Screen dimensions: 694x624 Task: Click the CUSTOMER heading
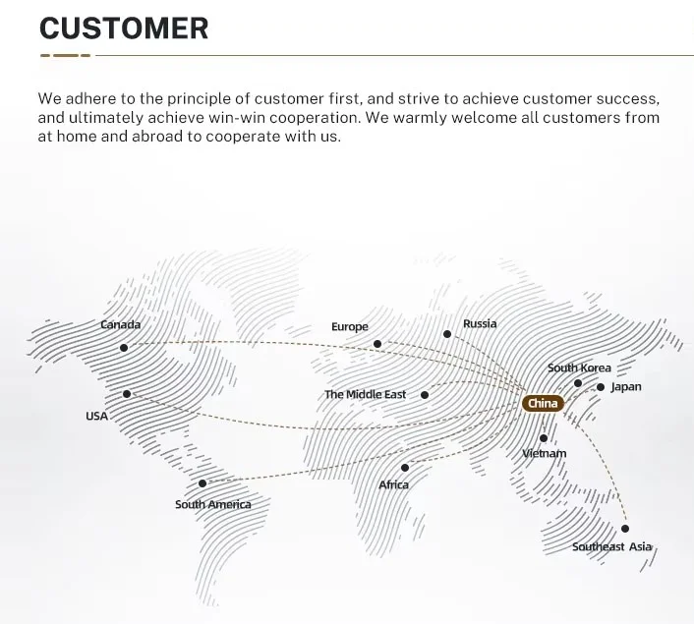(x=124, y=28)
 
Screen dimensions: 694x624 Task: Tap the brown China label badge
(x=543, y=403)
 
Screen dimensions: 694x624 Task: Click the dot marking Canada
(x=124, y=347)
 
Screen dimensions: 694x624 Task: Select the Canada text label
(x=121, y=324)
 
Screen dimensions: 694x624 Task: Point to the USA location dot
(x=127, y=394)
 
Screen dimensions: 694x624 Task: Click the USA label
(x=96, y=416)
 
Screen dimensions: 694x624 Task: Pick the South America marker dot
(x=202, y=482)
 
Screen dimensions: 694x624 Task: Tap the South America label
(x=213, y=504)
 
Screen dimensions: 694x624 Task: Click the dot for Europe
(x=377, y=344)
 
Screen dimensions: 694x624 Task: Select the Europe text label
(x=350, y=326)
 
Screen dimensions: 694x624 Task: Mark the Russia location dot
(x=447, y=334)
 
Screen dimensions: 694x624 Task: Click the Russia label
(x=480, y=323)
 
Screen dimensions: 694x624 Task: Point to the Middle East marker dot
(x=425, y=395)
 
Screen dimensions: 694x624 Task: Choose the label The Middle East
(x=366, y=394)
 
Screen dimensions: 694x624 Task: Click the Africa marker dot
(x=405, y=468)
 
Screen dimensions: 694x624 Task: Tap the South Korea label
(x=579, y=368)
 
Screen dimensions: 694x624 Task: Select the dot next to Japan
(x=601, y=387)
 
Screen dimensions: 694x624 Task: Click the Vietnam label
(x=544, y=453)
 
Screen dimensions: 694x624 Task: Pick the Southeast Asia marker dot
(x=625, y=529)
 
